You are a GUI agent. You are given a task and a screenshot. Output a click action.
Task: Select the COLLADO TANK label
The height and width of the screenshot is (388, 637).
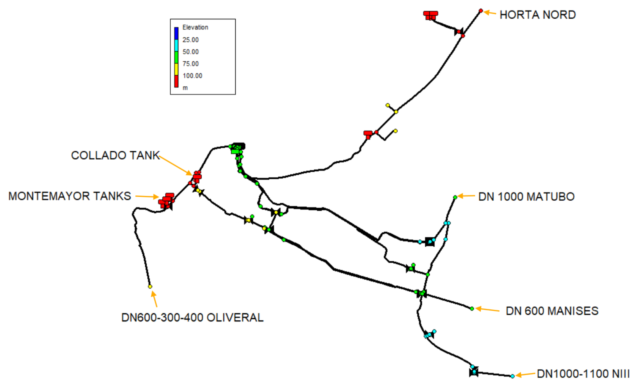click(115, 155)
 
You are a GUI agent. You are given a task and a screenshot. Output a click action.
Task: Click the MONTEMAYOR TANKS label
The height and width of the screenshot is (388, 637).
click(70, 196)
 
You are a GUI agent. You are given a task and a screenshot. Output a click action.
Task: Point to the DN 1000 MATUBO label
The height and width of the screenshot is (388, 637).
click(526, 197)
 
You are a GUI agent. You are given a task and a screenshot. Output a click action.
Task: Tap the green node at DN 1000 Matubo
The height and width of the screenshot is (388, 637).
click(455, 197)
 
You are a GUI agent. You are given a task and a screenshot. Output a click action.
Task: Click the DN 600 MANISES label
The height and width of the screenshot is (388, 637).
click(552, 311)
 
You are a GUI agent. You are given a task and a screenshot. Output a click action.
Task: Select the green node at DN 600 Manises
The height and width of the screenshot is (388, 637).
click(472, 309)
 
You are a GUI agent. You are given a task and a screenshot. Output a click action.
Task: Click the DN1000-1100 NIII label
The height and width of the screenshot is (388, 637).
click(583, 374)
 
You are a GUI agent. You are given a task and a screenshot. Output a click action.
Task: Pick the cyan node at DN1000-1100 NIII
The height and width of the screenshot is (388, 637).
click(512, 376)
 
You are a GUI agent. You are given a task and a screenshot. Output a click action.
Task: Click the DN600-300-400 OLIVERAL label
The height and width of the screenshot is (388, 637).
click(192, 318)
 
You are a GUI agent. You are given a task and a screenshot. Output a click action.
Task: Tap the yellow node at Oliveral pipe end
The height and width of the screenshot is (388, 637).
click(150, 287)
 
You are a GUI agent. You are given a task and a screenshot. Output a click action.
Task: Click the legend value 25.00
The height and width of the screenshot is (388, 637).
click(191, 40)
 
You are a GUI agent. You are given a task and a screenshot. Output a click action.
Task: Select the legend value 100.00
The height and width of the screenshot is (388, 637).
click(192, 76)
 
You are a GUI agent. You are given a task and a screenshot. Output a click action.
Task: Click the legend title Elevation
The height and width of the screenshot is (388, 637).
click(195, 27)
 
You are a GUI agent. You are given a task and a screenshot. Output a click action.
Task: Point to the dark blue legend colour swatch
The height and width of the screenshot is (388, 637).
click(176, 33)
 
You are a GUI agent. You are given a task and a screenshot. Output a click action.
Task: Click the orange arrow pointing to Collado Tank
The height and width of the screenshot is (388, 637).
click(176, 165)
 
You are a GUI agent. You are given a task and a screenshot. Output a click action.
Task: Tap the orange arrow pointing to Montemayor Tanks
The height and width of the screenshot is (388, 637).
click(147, 197)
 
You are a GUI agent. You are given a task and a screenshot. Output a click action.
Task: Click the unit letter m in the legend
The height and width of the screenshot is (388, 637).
click(185, 88)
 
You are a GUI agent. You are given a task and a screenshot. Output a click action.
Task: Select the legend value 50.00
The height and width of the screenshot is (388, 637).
click(191, 52)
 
